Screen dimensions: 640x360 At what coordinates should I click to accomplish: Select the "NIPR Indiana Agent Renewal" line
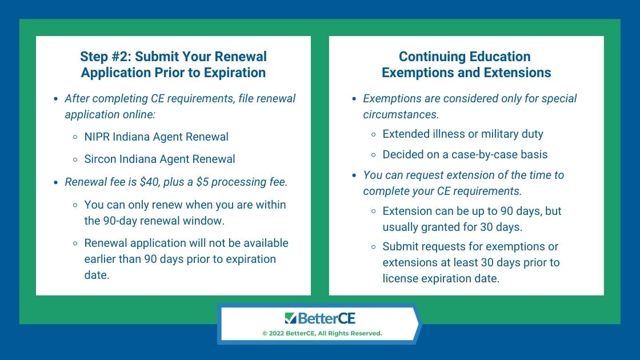[x=157, y=137]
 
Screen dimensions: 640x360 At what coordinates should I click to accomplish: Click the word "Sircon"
[x=100, y=159]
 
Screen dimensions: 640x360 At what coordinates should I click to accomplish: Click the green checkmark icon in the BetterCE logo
[x=290, y=318]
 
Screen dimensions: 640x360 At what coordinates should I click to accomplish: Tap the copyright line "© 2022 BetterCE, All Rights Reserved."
[x=322, y=334]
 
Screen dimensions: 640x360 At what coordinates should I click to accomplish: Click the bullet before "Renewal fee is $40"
[x=56, y=182]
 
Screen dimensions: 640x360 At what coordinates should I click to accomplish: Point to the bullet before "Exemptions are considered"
[x=354, y=99]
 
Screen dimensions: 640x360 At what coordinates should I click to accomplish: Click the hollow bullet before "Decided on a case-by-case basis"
[x=374, y=155]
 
